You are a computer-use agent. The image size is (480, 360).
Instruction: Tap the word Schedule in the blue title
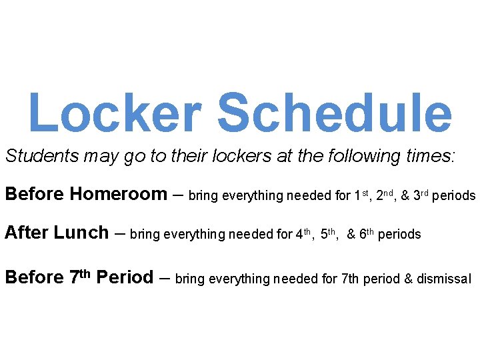[335, 112]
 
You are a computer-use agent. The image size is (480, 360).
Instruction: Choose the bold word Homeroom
[119, 195]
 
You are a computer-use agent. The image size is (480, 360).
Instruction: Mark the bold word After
[26, 233]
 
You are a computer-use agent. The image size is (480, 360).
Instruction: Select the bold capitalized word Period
[125, 277]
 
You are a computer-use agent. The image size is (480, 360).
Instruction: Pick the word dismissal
[443, 278]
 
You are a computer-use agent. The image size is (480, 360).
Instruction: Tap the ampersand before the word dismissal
[408, 278]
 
